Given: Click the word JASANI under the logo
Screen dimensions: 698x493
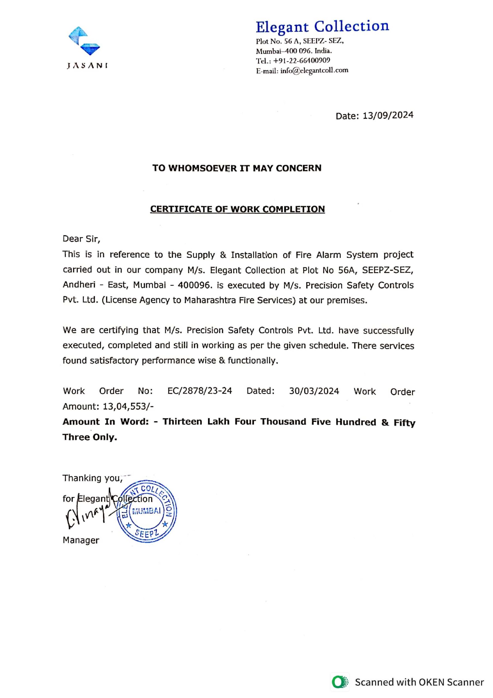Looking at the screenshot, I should pos(87,66).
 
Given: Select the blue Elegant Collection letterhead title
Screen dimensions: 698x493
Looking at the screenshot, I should pos(322,26).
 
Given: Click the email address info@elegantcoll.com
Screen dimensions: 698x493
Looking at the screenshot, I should pos(314,71).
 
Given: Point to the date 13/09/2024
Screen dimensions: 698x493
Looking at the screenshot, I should pos(388,116).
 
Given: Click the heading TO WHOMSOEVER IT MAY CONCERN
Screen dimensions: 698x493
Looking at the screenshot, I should pos(237,168).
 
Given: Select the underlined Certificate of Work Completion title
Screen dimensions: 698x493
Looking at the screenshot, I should pos(237,209).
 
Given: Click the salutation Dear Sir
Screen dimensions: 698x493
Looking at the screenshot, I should pos(81,239).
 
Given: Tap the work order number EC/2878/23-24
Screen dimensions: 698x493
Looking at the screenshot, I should pos(200,391).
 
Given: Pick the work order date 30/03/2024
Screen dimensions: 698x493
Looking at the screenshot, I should pos(314,391).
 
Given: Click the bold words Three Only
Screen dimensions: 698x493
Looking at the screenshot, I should pos(90,437).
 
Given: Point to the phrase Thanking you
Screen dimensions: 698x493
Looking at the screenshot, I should pos(92,478).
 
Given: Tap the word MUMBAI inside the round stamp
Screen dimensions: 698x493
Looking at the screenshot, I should pos(147,511).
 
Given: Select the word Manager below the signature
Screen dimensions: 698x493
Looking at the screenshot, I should pos(81,540).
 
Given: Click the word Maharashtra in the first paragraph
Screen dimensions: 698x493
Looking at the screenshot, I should pos(210,300).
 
